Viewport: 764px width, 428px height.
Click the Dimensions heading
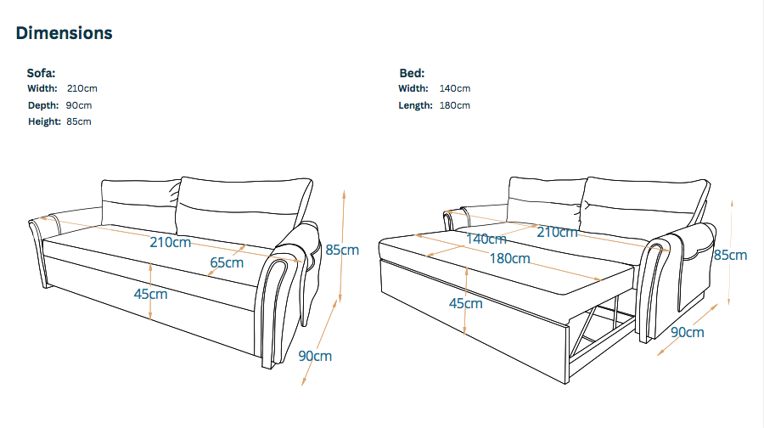64,33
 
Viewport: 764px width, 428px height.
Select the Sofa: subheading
41,73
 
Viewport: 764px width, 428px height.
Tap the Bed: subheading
413,73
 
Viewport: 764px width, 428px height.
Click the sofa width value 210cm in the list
81,88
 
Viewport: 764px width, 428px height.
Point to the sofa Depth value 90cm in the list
79,105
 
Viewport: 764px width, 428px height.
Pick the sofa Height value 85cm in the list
79,121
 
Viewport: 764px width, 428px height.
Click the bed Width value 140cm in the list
455,88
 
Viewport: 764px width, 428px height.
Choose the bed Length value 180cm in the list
455,105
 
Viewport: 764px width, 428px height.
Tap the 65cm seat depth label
227,262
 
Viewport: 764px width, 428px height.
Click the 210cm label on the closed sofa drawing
170,242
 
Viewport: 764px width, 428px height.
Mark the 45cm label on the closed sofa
150,294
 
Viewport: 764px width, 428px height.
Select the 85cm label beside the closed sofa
342,250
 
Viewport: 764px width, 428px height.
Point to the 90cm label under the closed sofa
315,356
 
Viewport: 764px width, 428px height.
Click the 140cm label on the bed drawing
486,239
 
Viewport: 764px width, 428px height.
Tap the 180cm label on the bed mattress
509,258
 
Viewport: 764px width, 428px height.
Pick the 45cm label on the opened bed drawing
466,303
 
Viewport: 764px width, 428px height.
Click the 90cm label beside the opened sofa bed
688,332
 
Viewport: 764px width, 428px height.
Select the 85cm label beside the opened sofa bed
730,255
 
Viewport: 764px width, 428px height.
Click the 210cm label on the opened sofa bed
558,232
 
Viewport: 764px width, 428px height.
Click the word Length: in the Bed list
416,105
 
